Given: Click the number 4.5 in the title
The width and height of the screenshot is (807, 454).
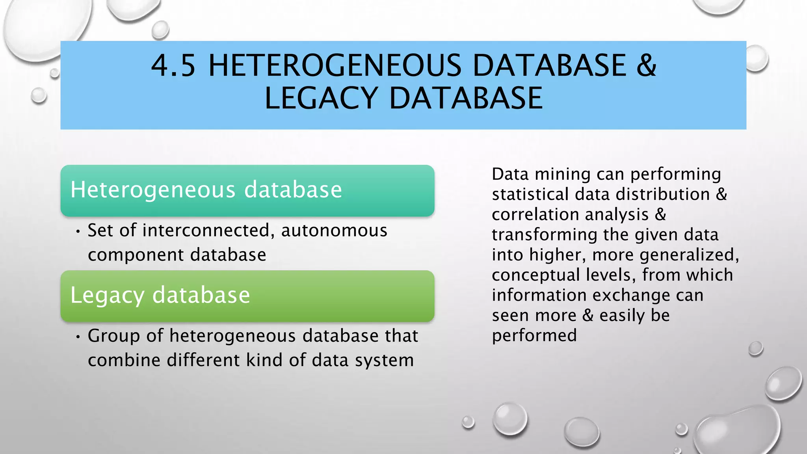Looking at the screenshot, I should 173,65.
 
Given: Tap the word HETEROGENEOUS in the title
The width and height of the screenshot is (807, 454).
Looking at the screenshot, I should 335,65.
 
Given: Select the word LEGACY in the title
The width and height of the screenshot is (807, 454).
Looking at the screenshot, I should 321,98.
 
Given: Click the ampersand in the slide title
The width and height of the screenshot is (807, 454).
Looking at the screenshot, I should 646,65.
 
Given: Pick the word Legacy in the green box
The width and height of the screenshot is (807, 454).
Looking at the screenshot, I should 107,295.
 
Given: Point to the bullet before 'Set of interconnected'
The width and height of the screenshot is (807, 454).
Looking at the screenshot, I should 78,231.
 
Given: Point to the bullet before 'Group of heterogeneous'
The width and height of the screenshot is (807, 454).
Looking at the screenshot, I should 78,337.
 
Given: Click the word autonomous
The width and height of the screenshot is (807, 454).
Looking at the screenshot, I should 334,231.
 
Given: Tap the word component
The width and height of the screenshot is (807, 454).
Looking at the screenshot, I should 134,255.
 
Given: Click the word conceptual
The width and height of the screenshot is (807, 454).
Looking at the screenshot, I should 536,275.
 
